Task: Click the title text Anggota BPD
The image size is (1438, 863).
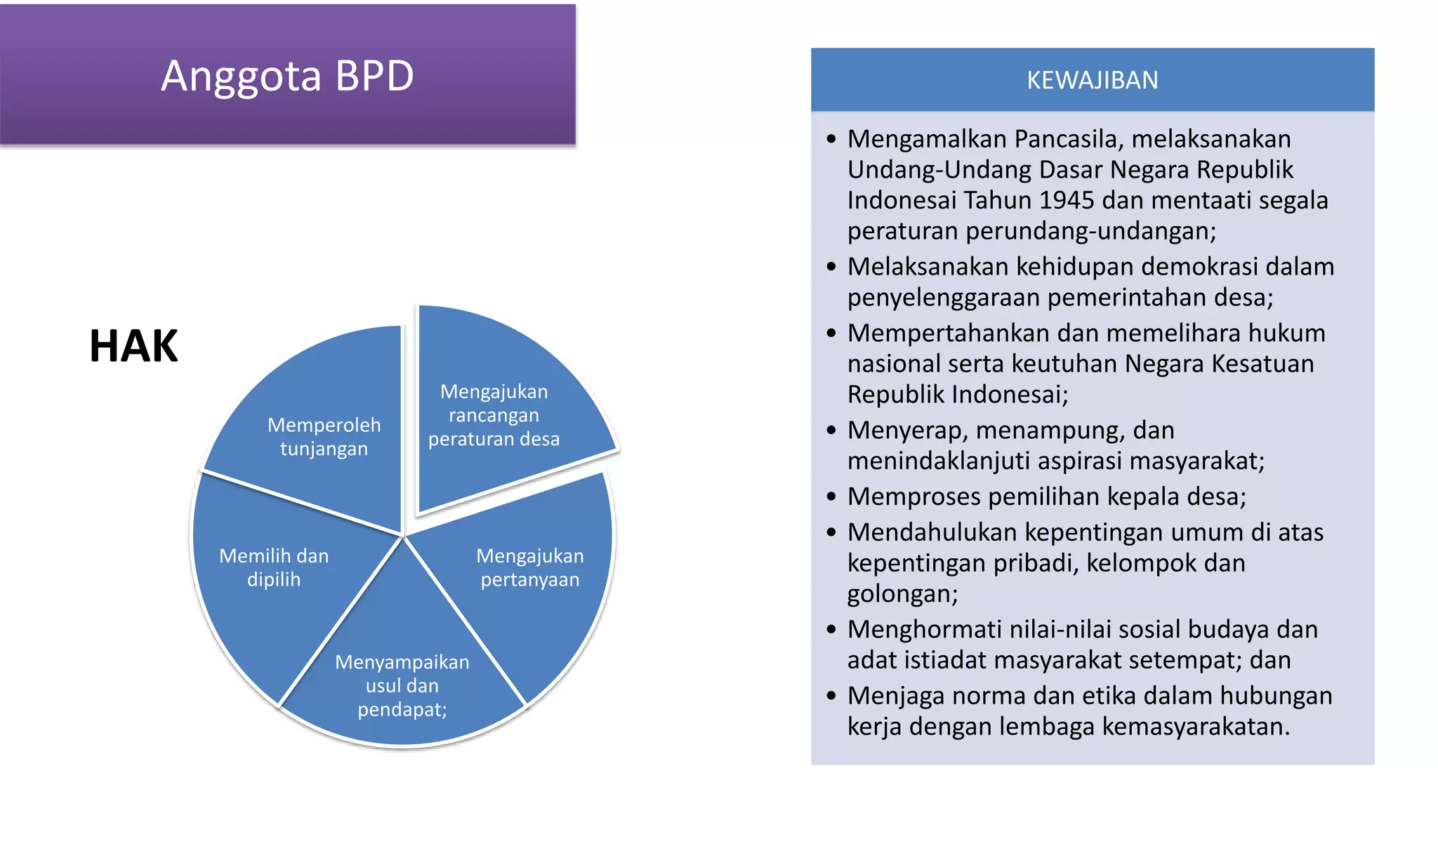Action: tap(287, 76)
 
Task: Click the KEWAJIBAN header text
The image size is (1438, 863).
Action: tap(1092, 81)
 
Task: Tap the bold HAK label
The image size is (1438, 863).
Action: tap(133, 346)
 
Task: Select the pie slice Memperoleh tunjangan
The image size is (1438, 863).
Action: tap(324, 436)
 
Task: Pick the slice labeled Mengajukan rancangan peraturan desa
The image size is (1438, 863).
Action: tap(494, 415)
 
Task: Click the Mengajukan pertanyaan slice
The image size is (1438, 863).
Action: tap(530, 567)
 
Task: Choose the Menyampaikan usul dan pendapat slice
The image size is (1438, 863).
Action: tap(402, 685)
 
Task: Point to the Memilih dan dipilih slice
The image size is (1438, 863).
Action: tap(274, 567)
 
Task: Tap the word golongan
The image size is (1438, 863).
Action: tap(902, 594)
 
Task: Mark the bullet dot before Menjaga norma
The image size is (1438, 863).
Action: tap(831, 696)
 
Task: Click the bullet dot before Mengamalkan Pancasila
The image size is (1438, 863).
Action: tap(831, 139)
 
